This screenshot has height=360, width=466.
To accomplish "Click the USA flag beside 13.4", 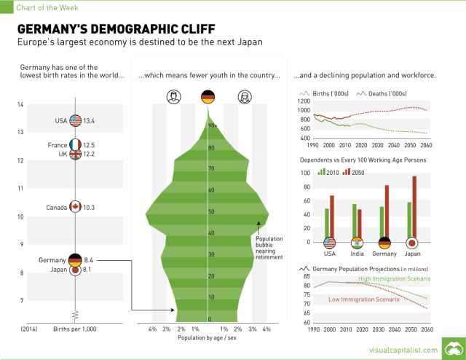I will pyautogui.click(x=75, y=121).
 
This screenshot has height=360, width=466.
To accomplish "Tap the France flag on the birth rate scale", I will pyautogui.click(x=75, y=145).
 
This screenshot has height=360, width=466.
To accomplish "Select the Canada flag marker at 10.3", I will pyautogui.click(x=75, y=207).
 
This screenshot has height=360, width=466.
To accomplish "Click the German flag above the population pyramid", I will pyautogui.click(x=208, y=96).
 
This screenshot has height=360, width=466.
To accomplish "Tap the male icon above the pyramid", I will pyautogui.click(x=173, y=96).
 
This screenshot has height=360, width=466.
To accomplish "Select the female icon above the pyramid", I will pyautogui.click(x=244, y=96).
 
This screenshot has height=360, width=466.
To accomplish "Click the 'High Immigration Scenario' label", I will pyautogui.click(x=394, y=278).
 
